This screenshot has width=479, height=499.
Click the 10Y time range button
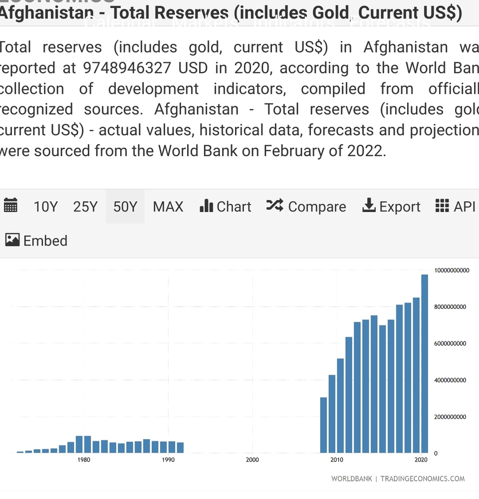click(45, 207)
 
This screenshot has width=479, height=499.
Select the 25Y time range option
click(85, 207)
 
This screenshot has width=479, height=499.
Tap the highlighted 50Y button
click(125, 207)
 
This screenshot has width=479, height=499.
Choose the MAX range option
click(168, 207)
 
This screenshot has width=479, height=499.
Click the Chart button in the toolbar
click(226, 207)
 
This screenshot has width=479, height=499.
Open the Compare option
click(306, 207)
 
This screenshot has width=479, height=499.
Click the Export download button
click(392, 207)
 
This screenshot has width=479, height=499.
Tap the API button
click(456, 207)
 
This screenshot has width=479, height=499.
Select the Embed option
click(36, 241)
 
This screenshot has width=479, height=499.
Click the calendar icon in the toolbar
click(10, 206)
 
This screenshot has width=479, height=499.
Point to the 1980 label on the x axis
click(84, 460)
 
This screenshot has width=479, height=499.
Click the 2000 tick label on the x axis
click(252, 460)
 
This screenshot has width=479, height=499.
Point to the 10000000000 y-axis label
click(452, 270)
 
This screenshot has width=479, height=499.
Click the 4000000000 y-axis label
click(452, 380)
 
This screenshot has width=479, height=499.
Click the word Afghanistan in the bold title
click(46, 13)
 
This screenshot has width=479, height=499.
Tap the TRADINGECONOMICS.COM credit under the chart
click(422, 479)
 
